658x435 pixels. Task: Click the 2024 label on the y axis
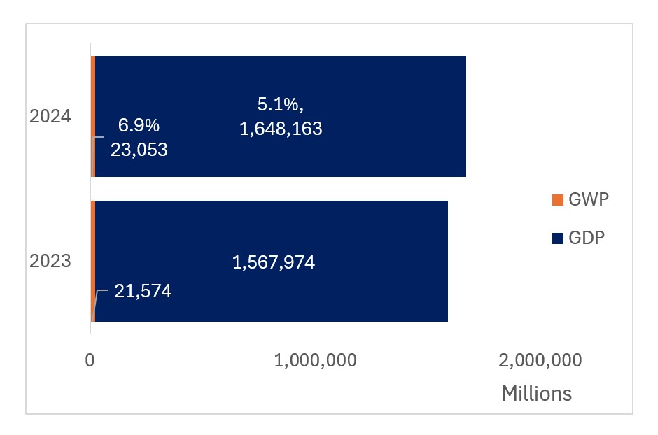point(50,116)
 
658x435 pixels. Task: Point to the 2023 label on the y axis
point(50,262)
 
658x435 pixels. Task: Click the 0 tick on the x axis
point(90,360)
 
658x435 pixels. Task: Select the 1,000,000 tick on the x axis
point(316,360)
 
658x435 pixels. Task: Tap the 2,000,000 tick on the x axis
point(540,360)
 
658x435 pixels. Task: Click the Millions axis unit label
point(536,394)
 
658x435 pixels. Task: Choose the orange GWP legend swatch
point(557,200)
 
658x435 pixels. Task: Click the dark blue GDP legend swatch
point(557,238)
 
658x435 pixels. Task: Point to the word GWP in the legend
point(588,200)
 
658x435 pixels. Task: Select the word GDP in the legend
point(587,238)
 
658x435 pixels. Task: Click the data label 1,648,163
point(281,129)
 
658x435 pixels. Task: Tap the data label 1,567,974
point(273,263)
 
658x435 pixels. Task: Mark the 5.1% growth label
point(280,105)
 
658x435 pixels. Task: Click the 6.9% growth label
point(139,126)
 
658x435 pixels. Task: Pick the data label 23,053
point(139,149)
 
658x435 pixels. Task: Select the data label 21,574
point(143,291)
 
